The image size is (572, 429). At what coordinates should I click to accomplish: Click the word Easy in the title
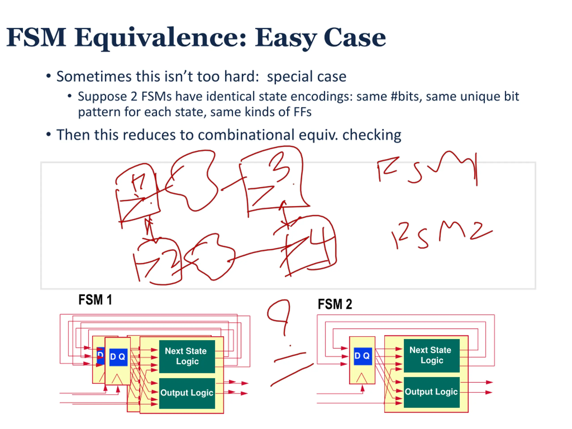pos(286,38)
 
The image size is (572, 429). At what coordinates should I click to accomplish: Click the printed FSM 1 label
pos(95,300)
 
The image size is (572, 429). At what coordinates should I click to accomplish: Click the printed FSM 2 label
pos(335,304)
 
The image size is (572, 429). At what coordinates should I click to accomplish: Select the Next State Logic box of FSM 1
pos(187,356)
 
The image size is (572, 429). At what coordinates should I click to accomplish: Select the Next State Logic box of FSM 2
pos(431,355)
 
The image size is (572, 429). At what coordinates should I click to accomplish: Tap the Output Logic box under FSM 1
pos(187,393)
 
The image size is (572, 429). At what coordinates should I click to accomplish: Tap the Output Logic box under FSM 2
pos(431,392)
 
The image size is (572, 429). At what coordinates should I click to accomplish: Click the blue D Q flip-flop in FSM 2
pos(363,356)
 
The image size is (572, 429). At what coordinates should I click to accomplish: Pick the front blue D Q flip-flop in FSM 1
pos(118,357)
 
